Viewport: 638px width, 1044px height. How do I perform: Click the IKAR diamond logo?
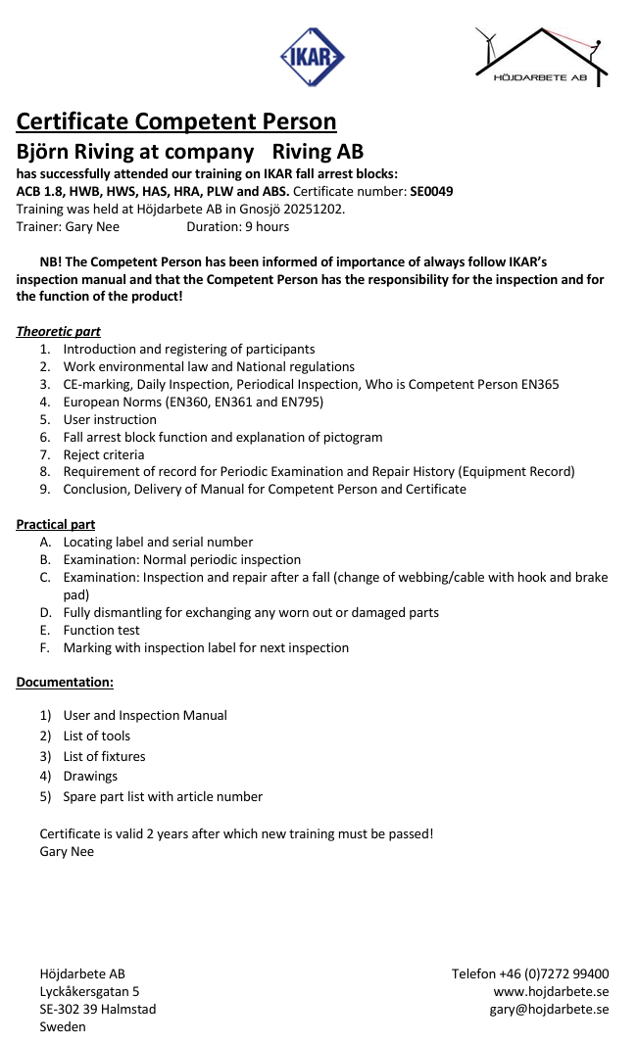coord(312,56)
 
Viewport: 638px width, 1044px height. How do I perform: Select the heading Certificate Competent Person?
coord(176,121)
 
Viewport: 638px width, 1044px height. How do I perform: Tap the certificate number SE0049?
coord(431,191)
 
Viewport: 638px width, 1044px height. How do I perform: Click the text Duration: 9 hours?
coord(237,226)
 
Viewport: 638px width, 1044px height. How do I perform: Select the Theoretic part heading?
coord(58,331)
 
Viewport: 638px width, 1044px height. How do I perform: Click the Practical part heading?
coord(56,524)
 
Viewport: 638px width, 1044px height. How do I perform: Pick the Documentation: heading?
coord(65,681)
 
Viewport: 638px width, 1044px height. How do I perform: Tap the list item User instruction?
coord(110,419)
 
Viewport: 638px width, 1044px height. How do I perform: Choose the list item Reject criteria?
coord(104,454)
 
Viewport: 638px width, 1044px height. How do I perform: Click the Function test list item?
coord(102,630)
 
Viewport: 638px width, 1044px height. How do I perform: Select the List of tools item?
coord(97,736)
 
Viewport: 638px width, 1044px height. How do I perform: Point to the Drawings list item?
coord(90,776)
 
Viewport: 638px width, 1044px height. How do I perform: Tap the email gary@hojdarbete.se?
coord(549,1009)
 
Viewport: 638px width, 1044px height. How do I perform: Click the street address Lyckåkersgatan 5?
coord(89,991)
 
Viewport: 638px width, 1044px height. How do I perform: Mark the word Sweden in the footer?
coord(63,1026)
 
